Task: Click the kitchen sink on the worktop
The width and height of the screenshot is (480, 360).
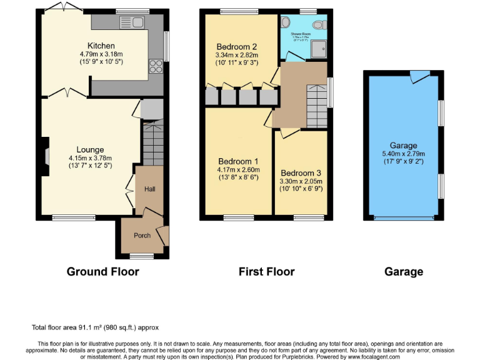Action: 134,23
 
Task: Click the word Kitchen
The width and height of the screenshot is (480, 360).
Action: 101,46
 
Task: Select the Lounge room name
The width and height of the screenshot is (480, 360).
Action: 90,149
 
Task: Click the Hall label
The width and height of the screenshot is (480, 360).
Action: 150,189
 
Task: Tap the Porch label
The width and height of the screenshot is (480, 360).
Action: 142,236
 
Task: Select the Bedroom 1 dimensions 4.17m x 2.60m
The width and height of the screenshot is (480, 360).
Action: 237,169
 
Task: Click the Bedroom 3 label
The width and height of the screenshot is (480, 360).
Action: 301,173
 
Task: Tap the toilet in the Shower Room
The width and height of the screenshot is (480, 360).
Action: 320,24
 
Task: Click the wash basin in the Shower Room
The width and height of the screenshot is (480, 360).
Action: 286,22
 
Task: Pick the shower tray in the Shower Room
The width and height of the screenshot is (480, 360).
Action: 319,51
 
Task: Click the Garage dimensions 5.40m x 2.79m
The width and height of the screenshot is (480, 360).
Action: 403,154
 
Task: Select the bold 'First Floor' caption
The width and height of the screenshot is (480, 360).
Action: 266,271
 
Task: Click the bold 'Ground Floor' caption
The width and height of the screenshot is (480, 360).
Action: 103,271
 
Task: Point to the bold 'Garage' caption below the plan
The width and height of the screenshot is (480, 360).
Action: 404,271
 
